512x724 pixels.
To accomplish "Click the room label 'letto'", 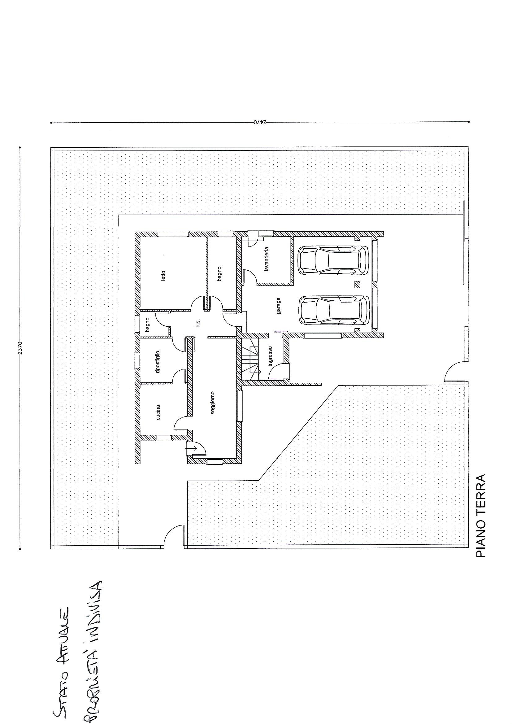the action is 163,276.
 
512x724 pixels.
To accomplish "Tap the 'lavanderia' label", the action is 267,259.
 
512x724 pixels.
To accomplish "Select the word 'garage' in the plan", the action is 279,306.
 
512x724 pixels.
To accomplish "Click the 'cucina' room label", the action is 158,412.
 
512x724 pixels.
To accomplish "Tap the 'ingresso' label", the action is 270,356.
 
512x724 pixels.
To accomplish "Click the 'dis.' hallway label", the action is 198,323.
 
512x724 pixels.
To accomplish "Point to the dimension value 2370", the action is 20,347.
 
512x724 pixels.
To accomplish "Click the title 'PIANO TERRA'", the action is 481,520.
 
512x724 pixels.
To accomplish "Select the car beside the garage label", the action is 334,310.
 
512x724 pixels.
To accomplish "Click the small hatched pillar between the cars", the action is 357,285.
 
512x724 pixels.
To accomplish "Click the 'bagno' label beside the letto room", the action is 219,274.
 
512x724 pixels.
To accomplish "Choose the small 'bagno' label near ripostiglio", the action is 147,325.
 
